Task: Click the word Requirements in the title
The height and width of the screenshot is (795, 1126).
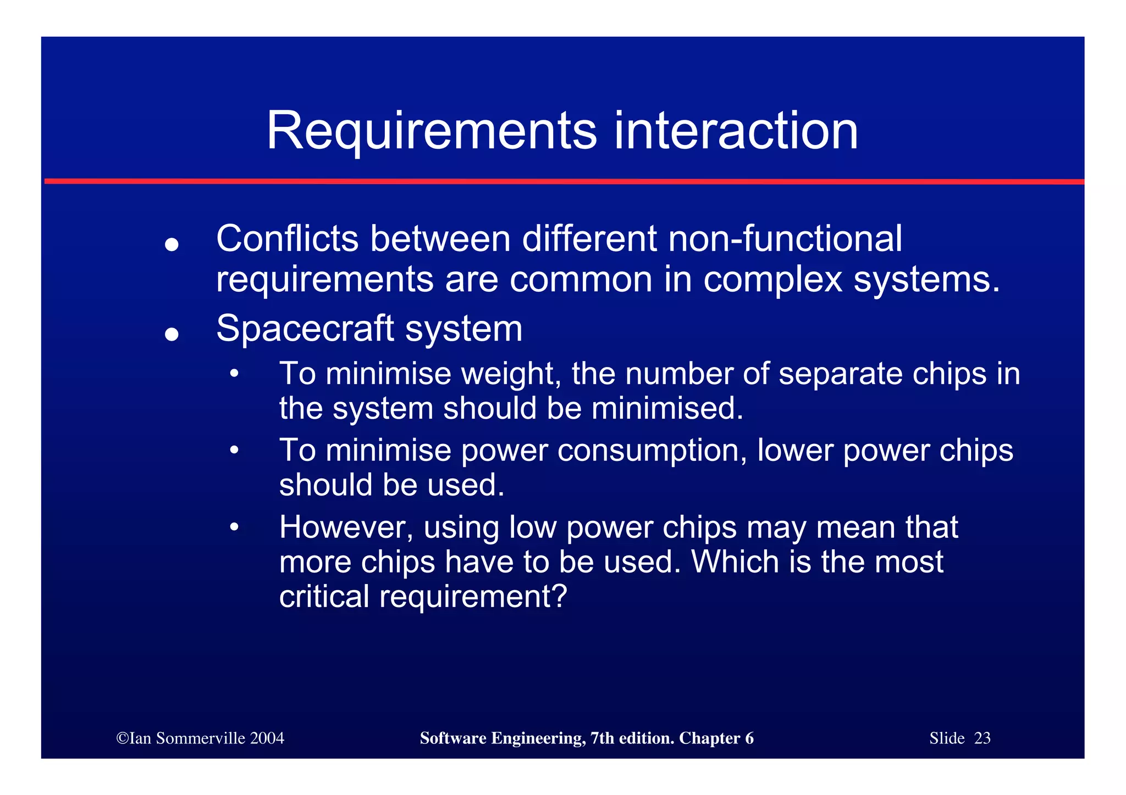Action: tap(431, 132)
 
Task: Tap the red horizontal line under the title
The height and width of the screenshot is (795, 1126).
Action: tap(563, 181)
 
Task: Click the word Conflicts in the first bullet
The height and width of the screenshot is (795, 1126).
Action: tap(287, 239)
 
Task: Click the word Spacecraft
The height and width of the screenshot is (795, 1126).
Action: tap(305, 330)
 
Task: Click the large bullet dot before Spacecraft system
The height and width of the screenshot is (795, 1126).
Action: tap(172, 334)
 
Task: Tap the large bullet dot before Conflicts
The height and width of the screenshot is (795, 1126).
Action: tap(172, 244)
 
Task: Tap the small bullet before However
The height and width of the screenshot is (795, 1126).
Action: tap(234, 527)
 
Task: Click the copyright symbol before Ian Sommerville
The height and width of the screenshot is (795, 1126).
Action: tap(122, 738)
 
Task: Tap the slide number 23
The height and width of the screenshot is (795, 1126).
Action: tap(982, 738)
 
